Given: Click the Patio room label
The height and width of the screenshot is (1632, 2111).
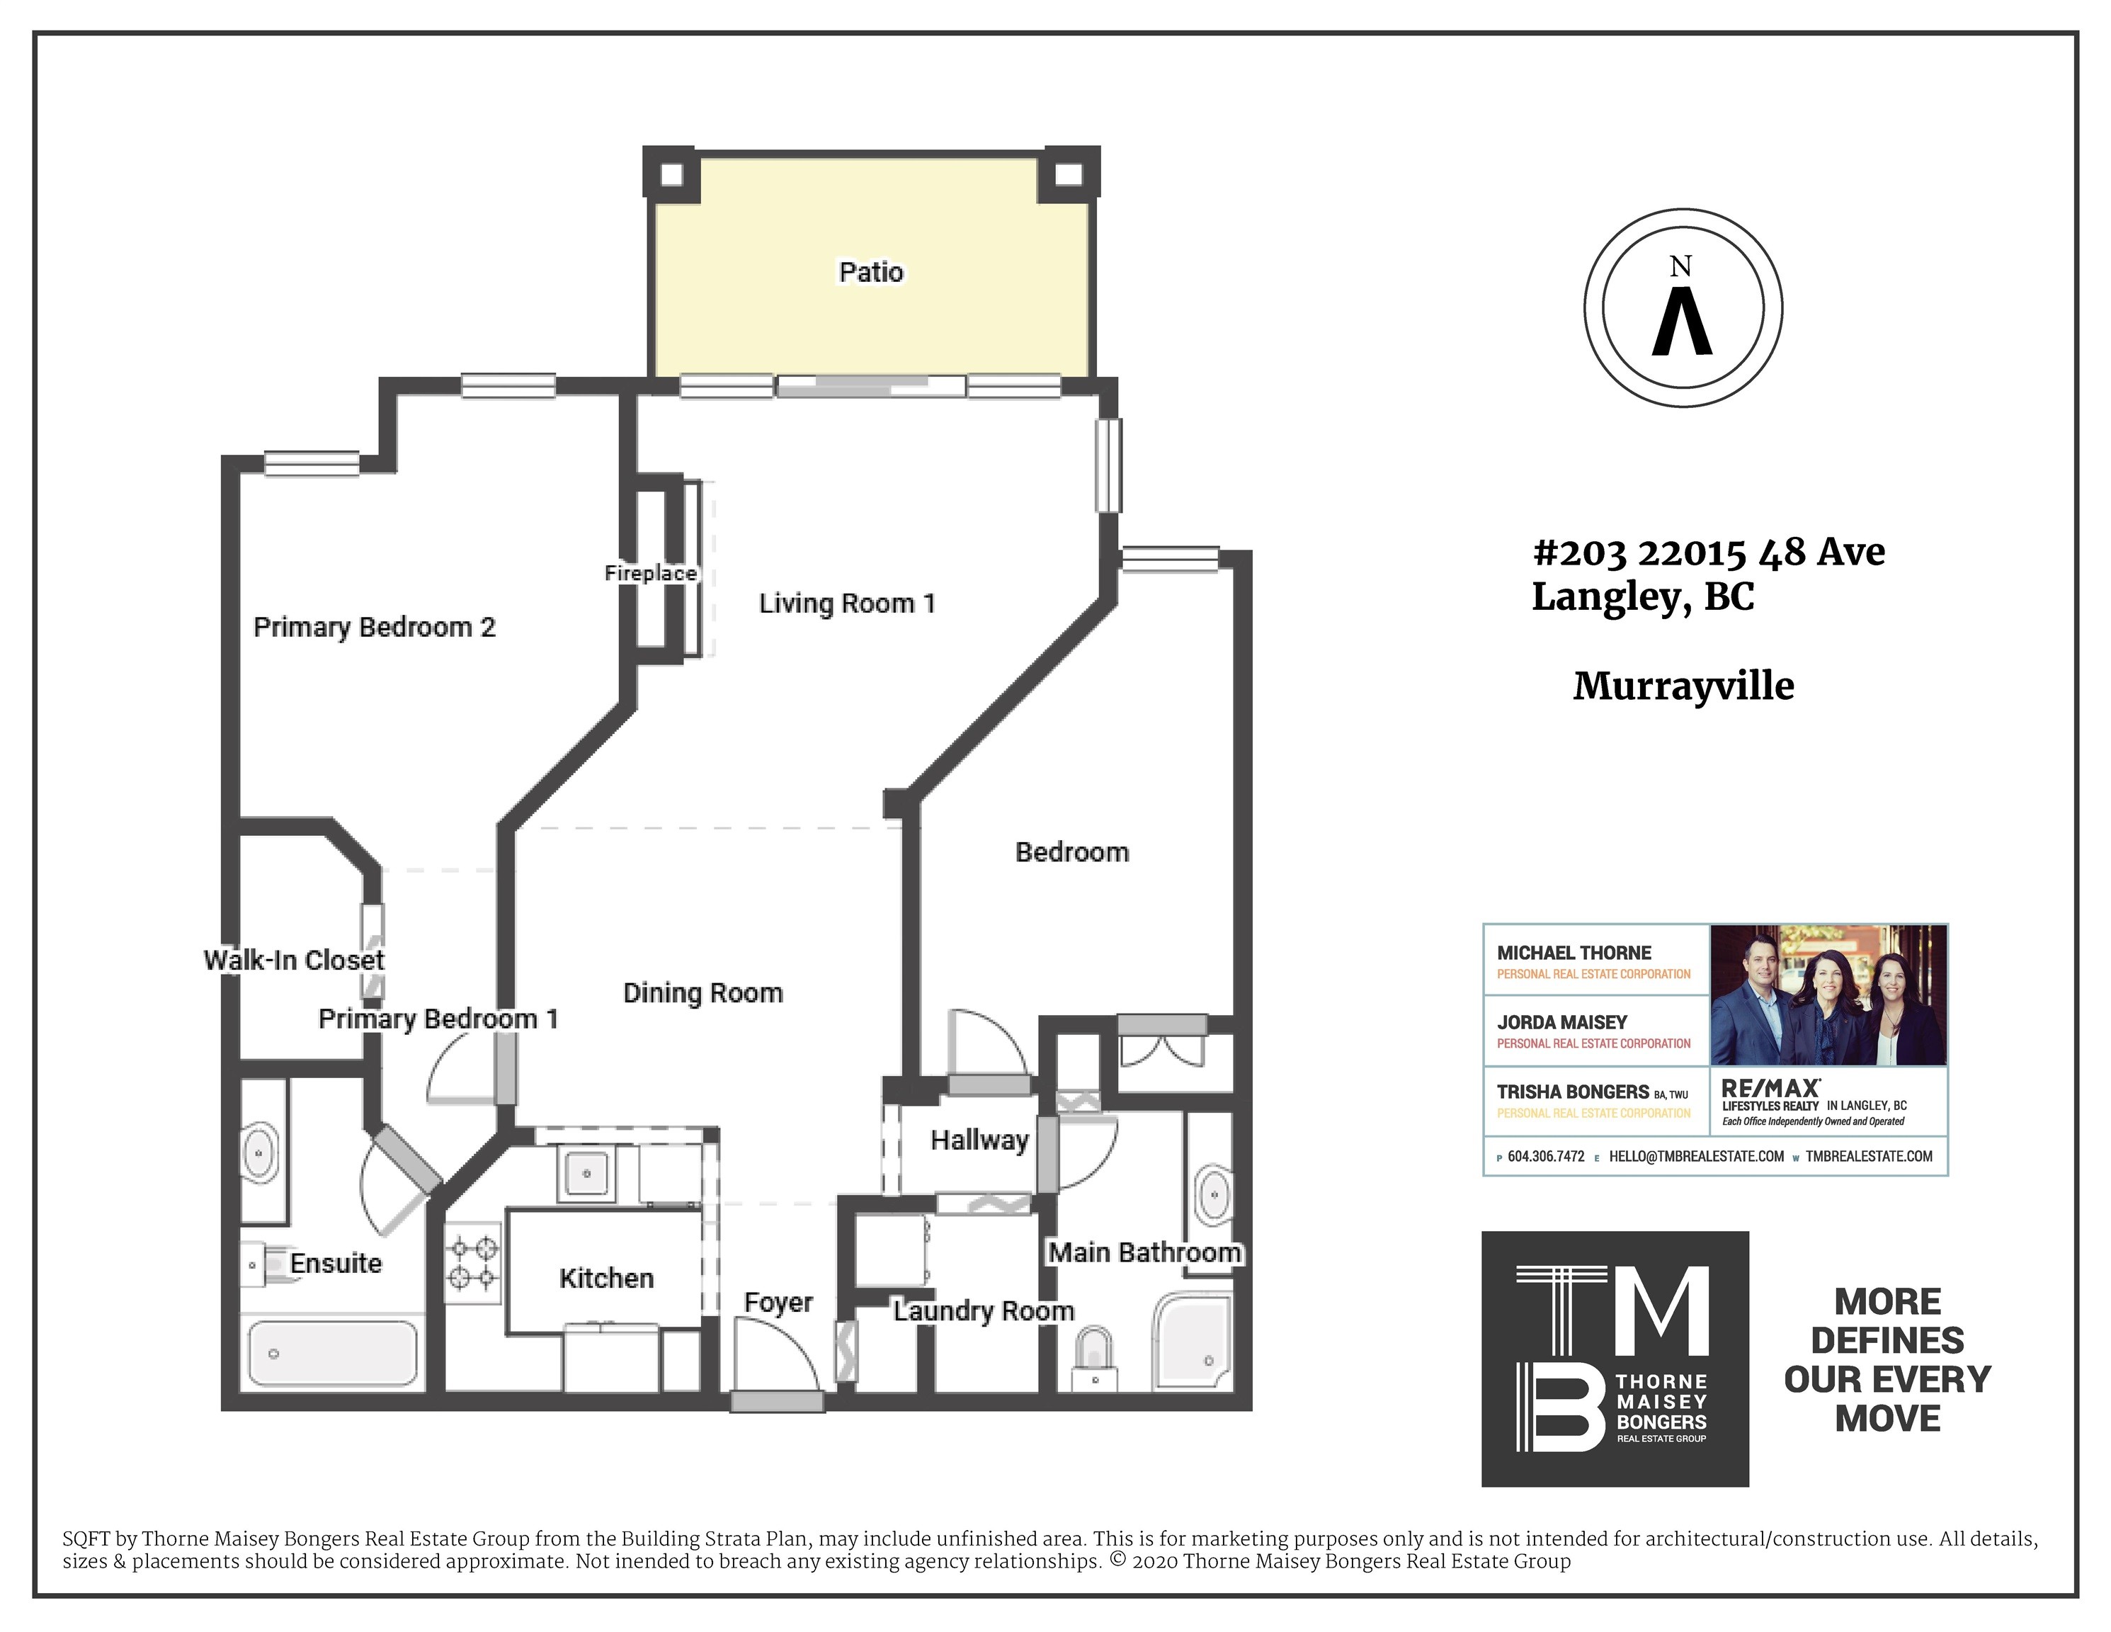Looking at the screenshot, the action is tap(871, 272).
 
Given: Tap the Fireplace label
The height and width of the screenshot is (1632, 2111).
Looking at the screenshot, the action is tap(651, 573).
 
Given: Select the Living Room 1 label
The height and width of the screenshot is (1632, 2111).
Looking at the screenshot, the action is tap(847, 603).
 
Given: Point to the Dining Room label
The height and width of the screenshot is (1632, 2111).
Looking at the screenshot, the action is tap(702, 993).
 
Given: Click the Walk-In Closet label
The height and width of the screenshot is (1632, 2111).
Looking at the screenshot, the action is tap(294, 960).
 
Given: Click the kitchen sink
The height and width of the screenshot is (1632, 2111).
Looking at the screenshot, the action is tap(586, 1174).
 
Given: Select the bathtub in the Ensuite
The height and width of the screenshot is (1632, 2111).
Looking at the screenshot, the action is tap(333, 1354).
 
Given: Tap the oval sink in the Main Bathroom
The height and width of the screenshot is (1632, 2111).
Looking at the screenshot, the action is tap(1213, 1197).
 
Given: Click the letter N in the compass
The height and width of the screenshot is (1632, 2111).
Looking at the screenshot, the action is tap(1682, 267).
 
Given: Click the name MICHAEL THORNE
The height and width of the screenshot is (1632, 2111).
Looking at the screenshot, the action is tap(1574, 953).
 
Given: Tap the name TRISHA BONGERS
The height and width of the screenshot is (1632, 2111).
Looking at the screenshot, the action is tap(1573, 1092).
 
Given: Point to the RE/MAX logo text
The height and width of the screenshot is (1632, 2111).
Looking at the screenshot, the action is tap(1771, 1089).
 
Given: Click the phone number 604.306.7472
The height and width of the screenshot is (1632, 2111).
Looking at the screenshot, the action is tap(1546, 1156).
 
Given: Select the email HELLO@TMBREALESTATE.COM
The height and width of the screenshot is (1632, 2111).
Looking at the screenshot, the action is tap(1696, 1156).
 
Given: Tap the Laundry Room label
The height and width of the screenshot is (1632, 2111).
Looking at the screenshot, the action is tap(983, 1311).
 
